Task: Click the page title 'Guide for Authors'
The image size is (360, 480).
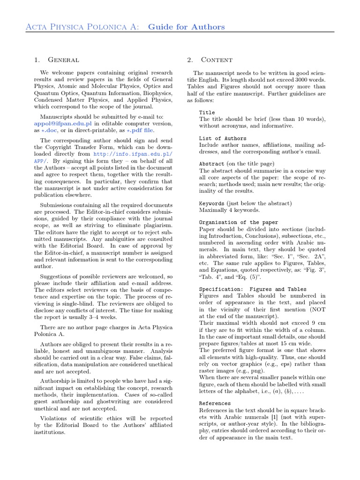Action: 186,27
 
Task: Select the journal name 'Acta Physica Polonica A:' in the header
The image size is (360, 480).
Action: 82,27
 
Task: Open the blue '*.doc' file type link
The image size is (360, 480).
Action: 49,130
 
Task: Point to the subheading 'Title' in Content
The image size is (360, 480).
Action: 207,112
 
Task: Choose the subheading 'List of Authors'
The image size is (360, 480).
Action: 223,138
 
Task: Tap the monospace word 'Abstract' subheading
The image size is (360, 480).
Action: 212,164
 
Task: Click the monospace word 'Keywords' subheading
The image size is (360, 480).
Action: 212,203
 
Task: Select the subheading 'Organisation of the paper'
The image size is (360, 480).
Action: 239,222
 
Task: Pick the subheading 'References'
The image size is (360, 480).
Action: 215,403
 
